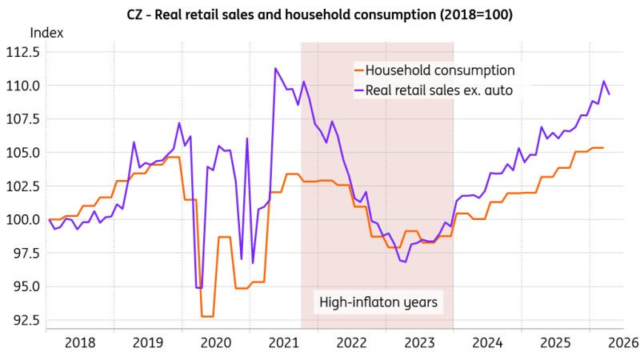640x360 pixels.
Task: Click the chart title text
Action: click(x=319, y=14)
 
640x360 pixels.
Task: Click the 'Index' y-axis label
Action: click(x=47, y=33)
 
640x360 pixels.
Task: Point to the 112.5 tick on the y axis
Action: click(x=23, y=52)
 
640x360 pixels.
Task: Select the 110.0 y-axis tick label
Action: click(x=23, y=86)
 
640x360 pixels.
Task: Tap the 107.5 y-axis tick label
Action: click(x=23, y=119)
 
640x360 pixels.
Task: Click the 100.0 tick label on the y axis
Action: click(x=23, y=219)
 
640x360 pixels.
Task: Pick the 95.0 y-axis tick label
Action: click(x=26, y=286)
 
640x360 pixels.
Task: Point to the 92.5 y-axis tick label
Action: click(x=26, y=320)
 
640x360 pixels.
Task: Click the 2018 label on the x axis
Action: click(x=80, y=342)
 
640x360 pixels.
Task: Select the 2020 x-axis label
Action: click(x=216, y=342)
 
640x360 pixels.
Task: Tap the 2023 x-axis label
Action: click(x=419, y=342)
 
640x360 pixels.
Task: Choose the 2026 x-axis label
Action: click(x=623, y=342)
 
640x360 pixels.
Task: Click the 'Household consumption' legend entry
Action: click(x=435, y=70)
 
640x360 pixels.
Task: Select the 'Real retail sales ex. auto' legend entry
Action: click(x=434, y=90)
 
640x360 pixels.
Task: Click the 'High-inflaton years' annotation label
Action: click(x=378, y=302)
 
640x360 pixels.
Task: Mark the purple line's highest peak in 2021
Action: click(x=275, y=68)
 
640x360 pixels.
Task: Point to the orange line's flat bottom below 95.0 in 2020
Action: click(x=207, y=316)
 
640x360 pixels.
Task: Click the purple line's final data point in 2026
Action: click(x=610, y=94)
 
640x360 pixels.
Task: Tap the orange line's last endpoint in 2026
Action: click(x=603, y=148)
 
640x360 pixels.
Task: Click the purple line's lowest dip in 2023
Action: click(x=406, y=262)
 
